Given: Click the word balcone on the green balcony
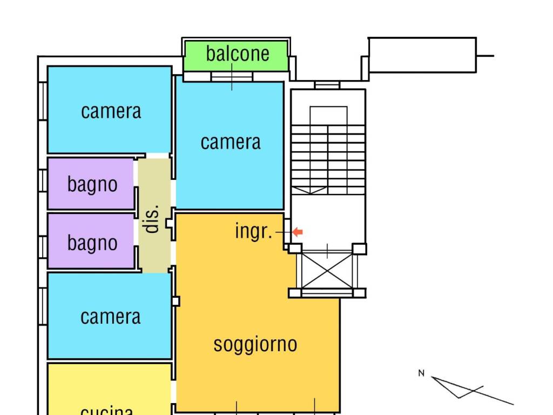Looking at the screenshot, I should (237, 53).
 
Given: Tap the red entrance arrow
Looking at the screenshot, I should (298, 232).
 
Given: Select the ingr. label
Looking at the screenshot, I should (253, 231).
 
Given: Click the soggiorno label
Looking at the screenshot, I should (255, 344).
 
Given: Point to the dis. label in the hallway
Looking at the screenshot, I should (153, 219).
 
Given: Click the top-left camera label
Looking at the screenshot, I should (111, 111).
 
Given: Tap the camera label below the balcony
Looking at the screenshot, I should (230, 142).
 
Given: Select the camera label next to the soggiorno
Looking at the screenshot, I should (110, 316).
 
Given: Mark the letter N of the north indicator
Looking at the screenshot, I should (421, 373).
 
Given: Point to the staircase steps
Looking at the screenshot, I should (328, 157).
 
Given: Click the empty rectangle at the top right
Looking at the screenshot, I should (422, 55).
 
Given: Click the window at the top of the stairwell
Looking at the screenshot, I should (327, 85).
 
